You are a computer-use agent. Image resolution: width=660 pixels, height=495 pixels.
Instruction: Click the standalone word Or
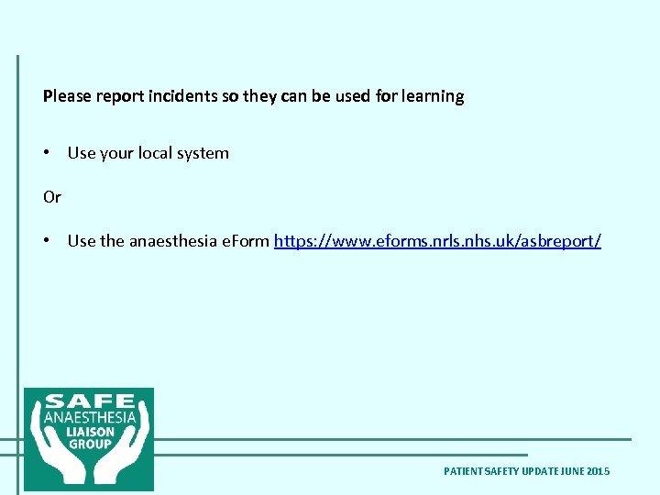pos(52,197)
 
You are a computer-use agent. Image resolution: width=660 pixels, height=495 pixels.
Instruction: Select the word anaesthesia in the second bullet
pos(173,241)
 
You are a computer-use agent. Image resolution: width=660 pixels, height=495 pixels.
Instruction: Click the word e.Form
pos(246,241)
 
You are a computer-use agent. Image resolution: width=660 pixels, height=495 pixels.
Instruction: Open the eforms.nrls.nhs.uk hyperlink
pos(437,241)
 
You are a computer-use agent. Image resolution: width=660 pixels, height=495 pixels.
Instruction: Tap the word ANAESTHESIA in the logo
pos(89,417)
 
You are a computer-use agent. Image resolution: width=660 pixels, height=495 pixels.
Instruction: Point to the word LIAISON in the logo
pos(89,431)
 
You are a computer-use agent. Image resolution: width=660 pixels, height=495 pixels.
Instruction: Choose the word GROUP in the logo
pos(89,444)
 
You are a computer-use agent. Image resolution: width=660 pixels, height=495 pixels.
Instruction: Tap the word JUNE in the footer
pos(570,471)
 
